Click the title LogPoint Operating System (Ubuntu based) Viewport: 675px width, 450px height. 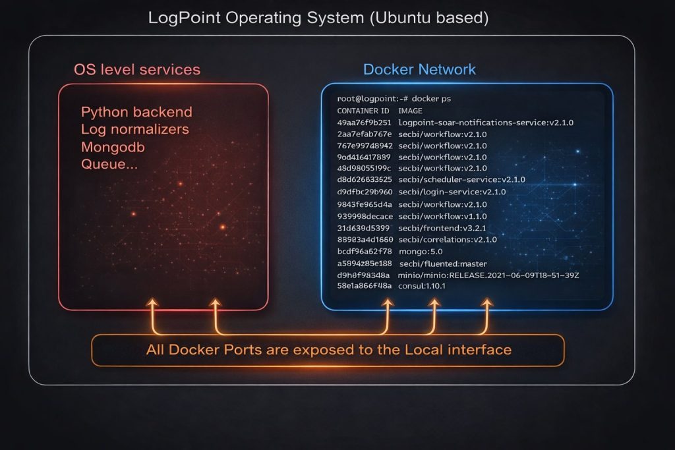click(319, 17)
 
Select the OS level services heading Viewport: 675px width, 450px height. click(137, 69)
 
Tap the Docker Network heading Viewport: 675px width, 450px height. click(420, 69)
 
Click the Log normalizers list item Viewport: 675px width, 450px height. click(134, 129)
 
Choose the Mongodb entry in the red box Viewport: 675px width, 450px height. click(113, 146)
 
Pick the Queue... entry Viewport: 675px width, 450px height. click(109, 164)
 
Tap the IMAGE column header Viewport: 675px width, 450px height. click(412, 111)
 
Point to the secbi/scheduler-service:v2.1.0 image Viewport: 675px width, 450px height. click(461, 179)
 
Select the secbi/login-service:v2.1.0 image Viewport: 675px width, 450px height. click(452, 192)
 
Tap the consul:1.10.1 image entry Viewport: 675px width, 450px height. click(422, 286)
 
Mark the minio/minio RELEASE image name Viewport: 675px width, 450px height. click(488, 274)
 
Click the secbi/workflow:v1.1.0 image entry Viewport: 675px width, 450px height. click(442, 215)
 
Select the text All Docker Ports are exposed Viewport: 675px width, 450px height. click(328, 349)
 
